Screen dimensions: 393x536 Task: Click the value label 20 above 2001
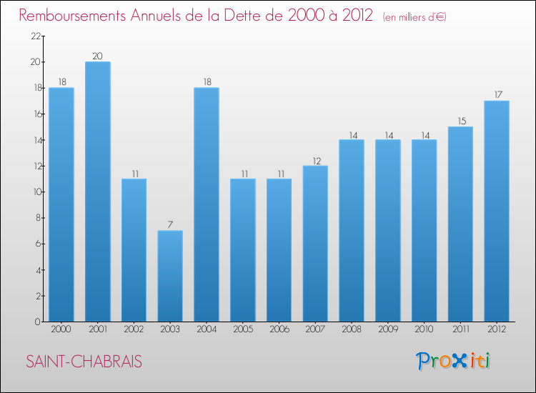98,56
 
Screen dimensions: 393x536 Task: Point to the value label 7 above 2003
170,225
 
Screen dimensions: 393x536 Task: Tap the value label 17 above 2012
497,95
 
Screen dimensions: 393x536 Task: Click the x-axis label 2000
61,330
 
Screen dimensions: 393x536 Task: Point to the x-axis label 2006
279,330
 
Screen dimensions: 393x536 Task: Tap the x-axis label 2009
387,330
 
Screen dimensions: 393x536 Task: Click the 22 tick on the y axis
33,36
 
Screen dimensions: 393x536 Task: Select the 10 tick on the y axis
33,192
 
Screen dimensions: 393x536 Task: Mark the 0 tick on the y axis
35,322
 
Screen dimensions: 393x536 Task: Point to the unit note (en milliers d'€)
415,17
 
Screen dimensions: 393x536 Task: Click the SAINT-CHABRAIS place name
84,362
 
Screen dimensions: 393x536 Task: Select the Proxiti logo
453,361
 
